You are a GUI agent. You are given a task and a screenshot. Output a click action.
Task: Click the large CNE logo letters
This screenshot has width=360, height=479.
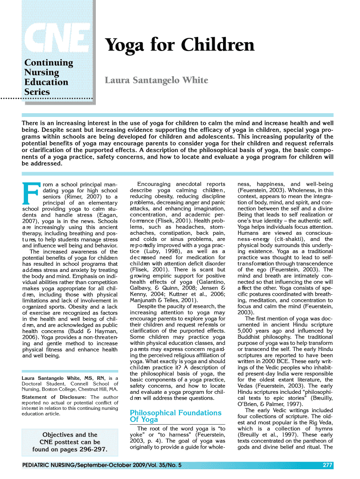[x=58, y=37]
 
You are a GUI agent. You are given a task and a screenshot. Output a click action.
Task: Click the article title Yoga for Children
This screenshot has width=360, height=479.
[x=180, y=45]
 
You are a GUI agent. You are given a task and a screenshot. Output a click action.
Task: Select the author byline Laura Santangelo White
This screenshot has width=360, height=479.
[x=156, y=80]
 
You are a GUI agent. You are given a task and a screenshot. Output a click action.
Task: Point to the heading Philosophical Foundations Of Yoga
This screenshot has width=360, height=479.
[x=175, y=416]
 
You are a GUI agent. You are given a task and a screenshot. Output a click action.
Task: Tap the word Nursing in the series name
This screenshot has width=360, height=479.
[x=42, y=73]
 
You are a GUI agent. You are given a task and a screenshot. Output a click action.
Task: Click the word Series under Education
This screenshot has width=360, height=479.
[x=37, y=92]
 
